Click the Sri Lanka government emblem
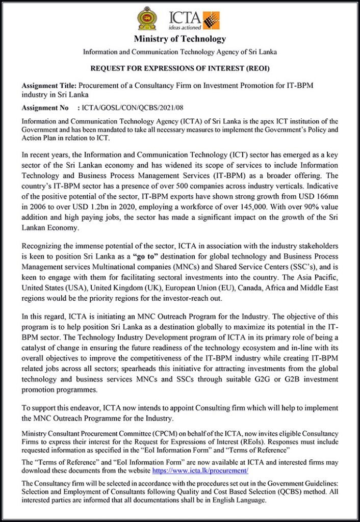tap(147, 18)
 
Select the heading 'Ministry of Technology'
tap(179, 39)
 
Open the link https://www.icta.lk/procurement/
tap(207, 471)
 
